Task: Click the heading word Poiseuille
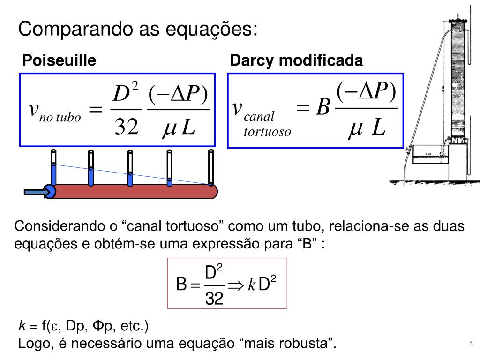pos(60,60)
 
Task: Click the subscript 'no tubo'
pos(60,117)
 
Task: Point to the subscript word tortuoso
pos(267,132)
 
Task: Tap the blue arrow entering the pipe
pos(34,191)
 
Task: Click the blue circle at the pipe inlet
pos(49,191)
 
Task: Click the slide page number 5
pos(471,344)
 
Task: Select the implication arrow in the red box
pos(235,285)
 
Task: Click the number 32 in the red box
pos(214,298)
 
